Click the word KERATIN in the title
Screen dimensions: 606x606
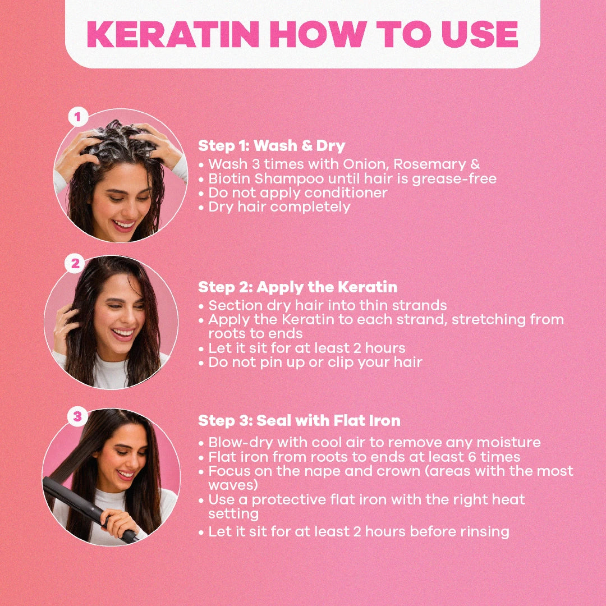(173, 34)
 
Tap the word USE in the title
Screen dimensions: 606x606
(480, 34)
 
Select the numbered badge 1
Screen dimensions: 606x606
(78, 116)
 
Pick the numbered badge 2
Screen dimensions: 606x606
(75, 264)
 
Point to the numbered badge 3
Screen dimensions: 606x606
(77, 416)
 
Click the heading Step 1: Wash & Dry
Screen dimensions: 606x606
(272, 146)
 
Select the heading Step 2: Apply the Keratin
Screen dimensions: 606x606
(297, 287)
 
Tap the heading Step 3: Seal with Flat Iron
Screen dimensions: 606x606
(299, 420)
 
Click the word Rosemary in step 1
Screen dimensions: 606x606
(429, 164)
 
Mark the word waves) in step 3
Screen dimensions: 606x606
(233, 485)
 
